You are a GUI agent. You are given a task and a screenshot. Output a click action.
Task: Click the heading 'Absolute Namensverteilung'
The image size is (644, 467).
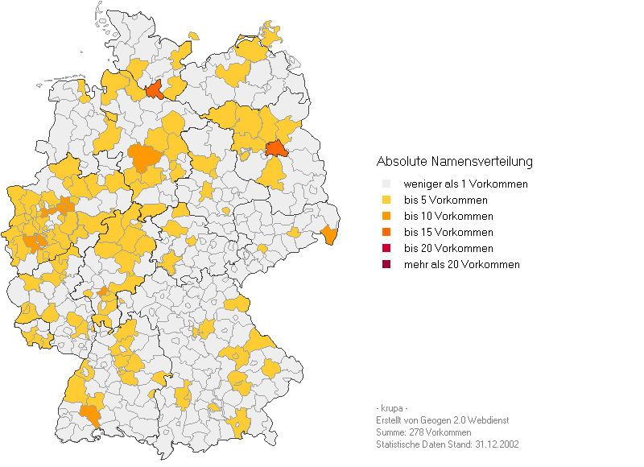pos(454,162)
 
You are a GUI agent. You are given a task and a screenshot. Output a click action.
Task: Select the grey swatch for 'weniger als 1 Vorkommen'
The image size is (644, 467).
pos(386,184)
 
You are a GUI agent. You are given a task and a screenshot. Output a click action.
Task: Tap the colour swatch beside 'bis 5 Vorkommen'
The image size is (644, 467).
pos(386,200)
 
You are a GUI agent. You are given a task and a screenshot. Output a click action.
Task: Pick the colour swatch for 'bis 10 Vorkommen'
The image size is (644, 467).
pos(386,217)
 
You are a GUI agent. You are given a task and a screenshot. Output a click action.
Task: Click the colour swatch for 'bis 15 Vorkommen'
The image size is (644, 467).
pos(386,233)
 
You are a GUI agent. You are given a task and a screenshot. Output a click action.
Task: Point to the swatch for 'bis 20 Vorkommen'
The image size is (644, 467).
pos(386,249)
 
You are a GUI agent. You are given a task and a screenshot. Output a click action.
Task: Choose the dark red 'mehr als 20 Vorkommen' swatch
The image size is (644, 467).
pos(386,265)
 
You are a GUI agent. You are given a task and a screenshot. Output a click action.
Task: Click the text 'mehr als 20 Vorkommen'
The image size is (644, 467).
pos(461,265)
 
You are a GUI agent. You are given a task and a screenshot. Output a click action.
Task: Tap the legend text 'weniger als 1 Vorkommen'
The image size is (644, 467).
pos(465,184)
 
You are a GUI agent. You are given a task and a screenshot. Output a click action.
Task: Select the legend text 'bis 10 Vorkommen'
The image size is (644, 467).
pos(448,217)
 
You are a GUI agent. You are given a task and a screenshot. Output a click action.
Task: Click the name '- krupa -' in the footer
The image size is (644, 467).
pos(392,408)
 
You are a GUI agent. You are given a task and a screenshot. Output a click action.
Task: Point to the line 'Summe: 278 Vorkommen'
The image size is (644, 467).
pos(423,432)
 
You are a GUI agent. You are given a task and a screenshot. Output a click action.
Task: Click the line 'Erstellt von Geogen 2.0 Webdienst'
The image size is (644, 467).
pos(442,420)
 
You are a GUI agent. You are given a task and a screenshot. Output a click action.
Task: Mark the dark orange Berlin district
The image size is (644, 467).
pos(276,149)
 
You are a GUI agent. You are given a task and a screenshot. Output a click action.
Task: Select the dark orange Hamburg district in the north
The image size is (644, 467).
pos(156,89)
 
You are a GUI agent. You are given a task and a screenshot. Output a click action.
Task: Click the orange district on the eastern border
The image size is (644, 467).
pos(329,234)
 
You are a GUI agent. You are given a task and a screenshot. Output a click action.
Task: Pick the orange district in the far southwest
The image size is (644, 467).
pos(92,414)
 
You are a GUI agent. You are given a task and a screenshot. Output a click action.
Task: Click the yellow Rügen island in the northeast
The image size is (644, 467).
pos(272,36)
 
